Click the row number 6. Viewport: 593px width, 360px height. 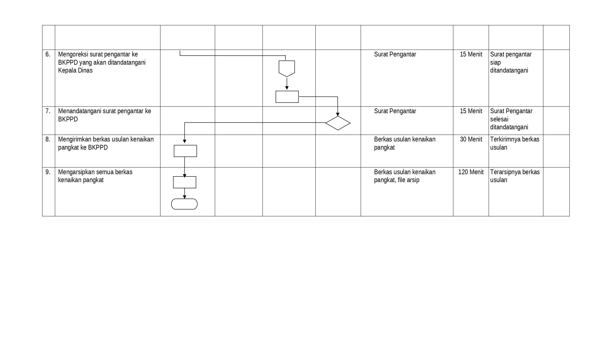[x=48, y=54]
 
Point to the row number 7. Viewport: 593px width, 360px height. [x=48, y=111]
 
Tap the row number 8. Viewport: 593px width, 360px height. [x=48, y=139]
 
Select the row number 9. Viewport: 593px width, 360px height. [x=48, y=172]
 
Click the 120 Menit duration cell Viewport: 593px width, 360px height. [x=471, y=172]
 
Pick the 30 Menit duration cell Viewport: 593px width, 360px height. [x=471, y=139]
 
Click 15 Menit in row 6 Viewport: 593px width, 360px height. [x=471, y=54]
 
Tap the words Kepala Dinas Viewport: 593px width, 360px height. [x=75, y=70]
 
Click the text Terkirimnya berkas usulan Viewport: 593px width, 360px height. [x=514, y=143]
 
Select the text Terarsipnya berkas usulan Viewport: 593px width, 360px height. [x=515, y=176]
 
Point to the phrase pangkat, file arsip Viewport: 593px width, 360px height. [x=396, y=180]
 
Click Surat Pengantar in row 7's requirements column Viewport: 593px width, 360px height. [x=395, y=111]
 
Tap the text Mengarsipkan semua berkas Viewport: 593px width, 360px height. [x=95, y=172]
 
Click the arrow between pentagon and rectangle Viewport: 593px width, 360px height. [x=287, y=84]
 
